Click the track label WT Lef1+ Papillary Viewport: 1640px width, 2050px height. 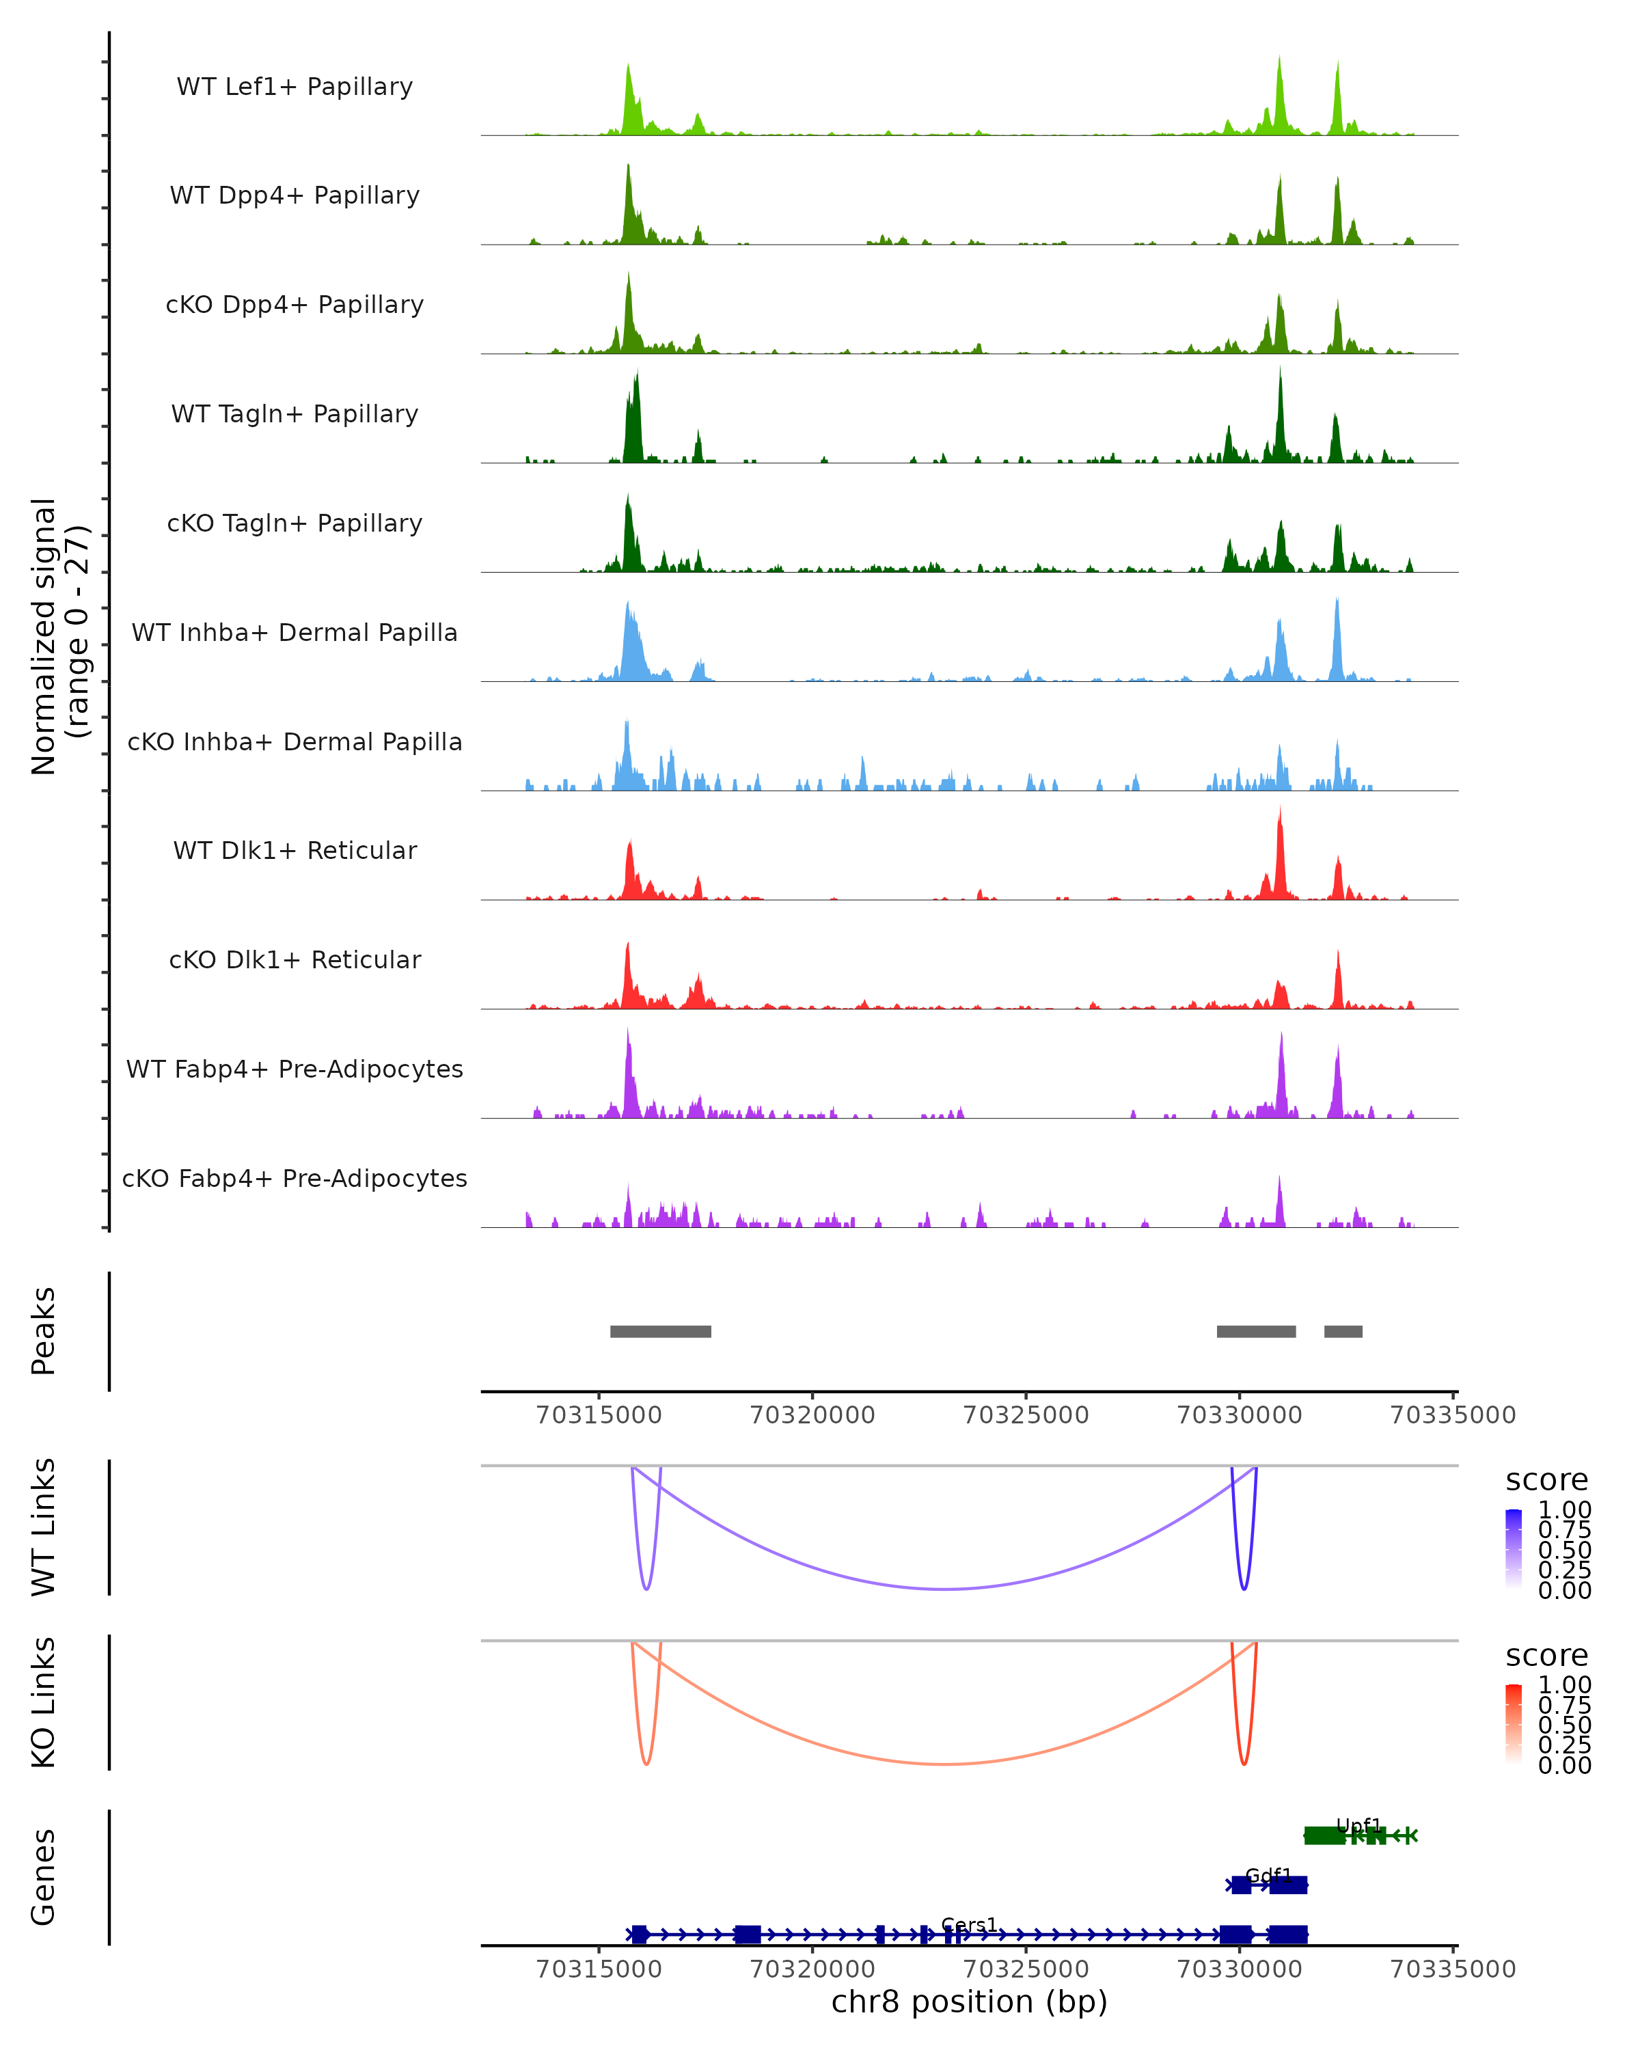[x=295, y=87]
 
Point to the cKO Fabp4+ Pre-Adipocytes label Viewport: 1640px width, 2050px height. [x=295, y=1178]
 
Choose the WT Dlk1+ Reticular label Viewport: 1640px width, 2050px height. [x=295, y=850]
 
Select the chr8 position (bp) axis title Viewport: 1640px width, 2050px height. [x=969, y=2001]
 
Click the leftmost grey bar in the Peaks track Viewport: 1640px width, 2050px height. [x=660, y=1331]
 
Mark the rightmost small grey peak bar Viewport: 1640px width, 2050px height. [x=1343, y=1331]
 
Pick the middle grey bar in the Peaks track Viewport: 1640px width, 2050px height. [x=1255, y=1331]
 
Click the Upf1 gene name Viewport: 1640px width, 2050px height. [x=1358, y=1826]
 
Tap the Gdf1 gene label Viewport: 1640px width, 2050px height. [x=1268, y=1875]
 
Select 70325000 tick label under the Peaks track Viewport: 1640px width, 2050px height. [x=1026, y=1415]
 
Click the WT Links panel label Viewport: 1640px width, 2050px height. [x=44, y=1527]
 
